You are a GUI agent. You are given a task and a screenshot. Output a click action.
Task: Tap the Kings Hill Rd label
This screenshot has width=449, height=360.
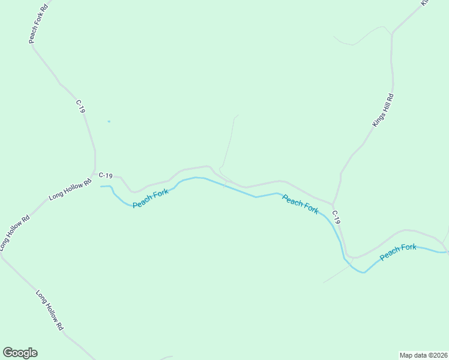coord(383,110)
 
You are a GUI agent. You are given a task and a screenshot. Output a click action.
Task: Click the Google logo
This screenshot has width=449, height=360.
coord(20,353)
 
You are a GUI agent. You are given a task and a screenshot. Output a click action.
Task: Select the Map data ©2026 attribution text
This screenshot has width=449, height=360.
coord(423,355)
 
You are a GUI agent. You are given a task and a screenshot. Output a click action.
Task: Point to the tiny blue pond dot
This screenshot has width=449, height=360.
coord(109,122)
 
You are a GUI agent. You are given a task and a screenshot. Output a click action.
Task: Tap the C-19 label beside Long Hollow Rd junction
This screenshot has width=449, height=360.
coord(106,175)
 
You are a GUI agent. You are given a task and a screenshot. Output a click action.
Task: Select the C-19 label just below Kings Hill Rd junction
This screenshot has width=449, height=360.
coord(336,217)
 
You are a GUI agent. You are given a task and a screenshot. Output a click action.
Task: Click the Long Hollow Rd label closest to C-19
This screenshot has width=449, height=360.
coord(70,188)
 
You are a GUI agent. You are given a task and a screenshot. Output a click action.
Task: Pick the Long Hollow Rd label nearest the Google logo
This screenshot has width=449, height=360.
coord(49,311)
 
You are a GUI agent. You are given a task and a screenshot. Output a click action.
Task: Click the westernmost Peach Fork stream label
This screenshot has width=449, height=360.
coord(151,199)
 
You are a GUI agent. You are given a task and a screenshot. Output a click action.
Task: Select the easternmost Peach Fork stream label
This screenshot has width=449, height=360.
coord(398,252)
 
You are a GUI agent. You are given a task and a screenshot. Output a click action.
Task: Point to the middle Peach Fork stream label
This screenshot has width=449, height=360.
coord(300,205)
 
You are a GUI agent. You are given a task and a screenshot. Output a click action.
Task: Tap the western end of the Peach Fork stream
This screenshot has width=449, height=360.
coord(101,187)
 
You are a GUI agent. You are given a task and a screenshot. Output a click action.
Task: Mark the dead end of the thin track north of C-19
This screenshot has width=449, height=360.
coord(238,115)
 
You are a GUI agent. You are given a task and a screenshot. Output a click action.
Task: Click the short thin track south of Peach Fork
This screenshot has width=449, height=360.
coord(336,275)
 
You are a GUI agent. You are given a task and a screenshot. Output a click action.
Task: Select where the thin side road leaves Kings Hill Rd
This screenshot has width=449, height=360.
coord(392,34)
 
